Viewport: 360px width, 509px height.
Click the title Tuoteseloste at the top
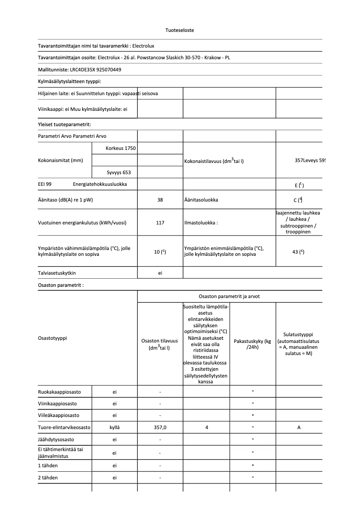(x=180, y=30)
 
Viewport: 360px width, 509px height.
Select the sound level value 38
(x=160, y=200)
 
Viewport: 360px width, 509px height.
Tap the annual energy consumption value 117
(x=160, y=223)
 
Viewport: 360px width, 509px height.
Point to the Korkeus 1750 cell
(x=121, y=148)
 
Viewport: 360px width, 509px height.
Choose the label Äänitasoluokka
(x=201, y=200)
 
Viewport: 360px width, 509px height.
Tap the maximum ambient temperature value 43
(x=299, y=252)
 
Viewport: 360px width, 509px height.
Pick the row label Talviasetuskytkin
(x=57, y=273)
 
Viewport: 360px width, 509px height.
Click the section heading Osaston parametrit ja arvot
(x=229, y=296)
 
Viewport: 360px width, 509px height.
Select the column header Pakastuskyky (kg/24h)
(x=253, y=344)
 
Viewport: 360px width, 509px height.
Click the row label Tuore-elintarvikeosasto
(x=64, y=428)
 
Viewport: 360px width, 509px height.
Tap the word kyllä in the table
(x=114, y=428)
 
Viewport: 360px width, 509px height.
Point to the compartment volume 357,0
(x=160, y=428)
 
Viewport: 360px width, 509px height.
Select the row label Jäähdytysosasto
(x=56, y=439)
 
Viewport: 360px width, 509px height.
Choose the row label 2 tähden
(x=48, y=478)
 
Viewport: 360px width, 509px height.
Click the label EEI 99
(x=45, y=184)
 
